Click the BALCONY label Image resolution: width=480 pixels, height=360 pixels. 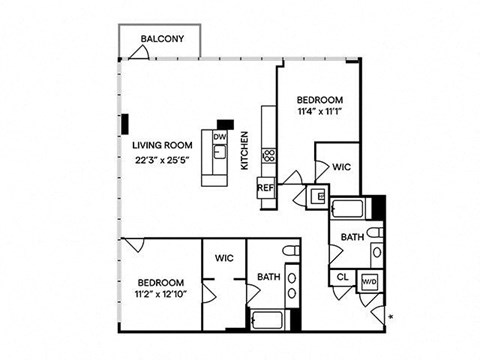click(x=162, y=39)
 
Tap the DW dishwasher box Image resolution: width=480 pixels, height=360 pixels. click(x=220, y=137)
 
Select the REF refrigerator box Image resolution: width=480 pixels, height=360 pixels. click(x=266, y=188)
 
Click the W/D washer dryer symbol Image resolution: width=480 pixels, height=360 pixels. click(x=370, y=281)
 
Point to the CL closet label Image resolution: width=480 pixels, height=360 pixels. click(x=342, y=277)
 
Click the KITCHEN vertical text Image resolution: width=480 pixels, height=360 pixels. click(x=245, y=150)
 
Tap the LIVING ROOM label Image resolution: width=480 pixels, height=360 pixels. click(x=162, y=145)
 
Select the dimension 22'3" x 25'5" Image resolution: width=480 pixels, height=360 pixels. click(x=162, y=160)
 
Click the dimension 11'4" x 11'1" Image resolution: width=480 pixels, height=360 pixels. click(x=320, y=111)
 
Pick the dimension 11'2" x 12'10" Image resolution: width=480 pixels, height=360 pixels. click(x=161, y=294)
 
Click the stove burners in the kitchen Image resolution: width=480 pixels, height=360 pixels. click(x=269, y=156)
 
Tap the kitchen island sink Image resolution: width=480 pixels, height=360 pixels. click(x=220, y=152)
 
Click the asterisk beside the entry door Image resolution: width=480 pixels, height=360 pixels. click(x=391, y=317)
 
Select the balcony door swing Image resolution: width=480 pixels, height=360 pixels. click(x=139, y=52)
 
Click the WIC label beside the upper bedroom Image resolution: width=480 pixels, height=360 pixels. click(x=342, y=167)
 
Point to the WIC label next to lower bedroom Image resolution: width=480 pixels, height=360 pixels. click(x=224, y=258)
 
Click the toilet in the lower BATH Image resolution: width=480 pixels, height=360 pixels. click(x=291, y=251)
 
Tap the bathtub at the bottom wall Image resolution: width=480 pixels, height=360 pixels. click(x=267, y=320)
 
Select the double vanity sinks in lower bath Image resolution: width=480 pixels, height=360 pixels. click(x=292, y=285)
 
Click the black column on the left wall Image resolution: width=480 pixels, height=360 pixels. click(x=125, y=124)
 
